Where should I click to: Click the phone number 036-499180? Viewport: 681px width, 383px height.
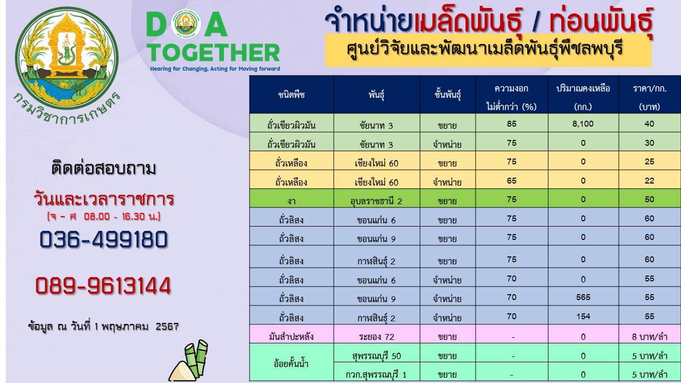(103, 239)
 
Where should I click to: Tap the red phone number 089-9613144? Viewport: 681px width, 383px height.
(103, 286)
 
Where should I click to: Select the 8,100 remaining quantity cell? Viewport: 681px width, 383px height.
(583, 123)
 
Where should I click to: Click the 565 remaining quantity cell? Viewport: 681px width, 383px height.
(583, 297)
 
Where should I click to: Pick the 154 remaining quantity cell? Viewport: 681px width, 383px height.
(583, 316)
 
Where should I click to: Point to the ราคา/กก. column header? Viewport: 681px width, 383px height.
(650, 97)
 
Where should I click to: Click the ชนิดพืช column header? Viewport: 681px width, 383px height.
(291, 95)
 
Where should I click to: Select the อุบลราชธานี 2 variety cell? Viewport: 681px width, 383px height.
(376, 201)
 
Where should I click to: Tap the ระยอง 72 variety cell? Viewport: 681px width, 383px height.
(376, 337)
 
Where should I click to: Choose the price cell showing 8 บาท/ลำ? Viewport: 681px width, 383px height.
(650, 337)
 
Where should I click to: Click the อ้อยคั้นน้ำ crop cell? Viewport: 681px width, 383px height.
(291, 363)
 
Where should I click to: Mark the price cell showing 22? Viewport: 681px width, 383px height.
(650, 180)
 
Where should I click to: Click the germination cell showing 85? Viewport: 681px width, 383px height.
(512, 123)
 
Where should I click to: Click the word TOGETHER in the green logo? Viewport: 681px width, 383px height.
(214, 53)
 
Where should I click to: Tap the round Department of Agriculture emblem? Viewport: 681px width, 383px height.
(67, 58)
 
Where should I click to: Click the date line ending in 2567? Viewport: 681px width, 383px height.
(103, 327)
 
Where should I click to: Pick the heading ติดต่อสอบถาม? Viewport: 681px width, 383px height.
(104, 168)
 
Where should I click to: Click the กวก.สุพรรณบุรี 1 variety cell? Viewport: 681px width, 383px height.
(376, 374)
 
